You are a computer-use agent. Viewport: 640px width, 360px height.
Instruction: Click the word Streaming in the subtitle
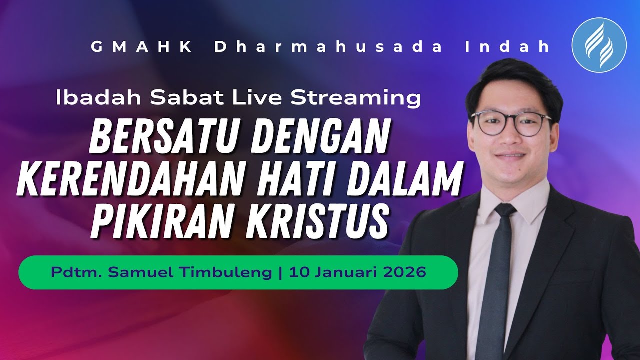pyautogui.click(x=355, y=98)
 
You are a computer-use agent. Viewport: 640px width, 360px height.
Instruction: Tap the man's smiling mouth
pyautogui.click(x=511, y=156)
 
